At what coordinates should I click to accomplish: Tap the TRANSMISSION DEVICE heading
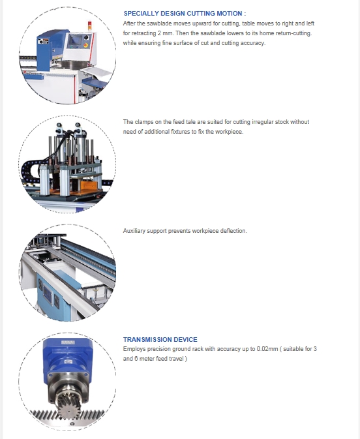(x=160, y=340)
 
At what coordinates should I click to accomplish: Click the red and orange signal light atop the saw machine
(x=89, y=25)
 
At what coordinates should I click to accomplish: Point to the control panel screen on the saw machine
(x=74, y=40)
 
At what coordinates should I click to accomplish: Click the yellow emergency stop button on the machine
(x=85, y=45)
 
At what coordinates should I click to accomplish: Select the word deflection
(x=233, y=231)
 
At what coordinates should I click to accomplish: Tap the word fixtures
(x=181, y=132)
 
